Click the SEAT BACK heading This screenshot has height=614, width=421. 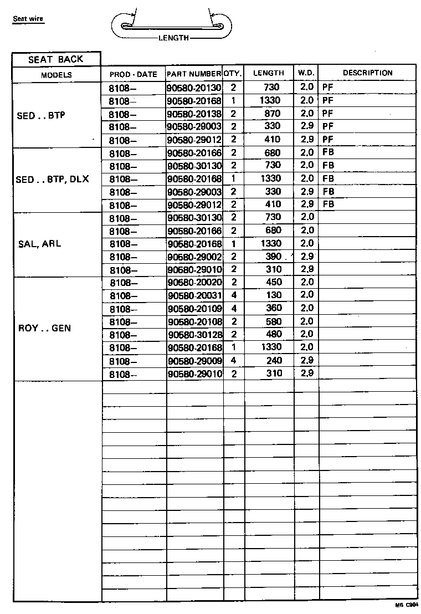(x=56, y=59)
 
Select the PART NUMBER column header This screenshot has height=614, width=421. (x=194, y=74)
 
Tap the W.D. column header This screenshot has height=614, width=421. (x=306, y=73)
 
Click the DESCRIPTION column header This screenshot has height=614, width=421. (x=367, y=73)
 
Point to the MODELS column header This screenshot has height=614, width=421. (x=56, y=75)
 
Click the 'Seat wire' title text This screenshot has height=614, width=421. (x=28, y=19)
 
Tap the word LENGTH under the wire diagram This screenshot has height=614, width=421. (x=173, y=38)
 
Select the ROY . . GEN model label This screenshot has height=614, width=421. (x=44, y=328)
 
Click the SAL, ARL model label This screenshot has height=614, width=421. (x=40, y=243)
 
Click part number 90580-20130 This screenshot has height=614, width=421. (x=194, y=88)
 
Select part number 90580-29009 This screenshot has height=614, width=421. (x=194, y=360)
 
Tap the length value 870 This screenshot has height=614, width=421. (x=270, y=114)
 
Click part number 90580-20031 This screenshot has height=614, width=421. (x=194, y=295)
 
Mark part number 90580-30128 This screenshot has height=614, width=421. (x=194, y=335)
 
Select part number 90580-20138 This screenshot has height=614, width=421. (x=194, y=114)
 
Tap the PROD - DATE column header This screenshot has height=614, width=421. (x=133, y=74)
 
